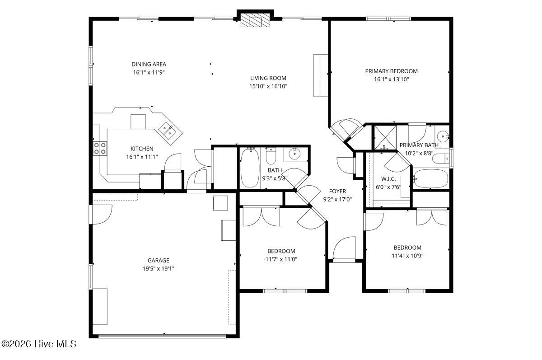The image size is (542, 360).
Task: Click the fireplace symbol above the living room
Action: (x=255, y=20)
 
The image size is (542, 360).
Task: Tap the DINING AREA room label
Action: (x=149, y=64)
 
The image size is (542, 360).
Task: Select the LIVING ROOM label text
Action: (x=268, y=78)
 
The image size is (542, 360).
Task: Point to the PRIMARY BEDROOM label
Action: (x=391, y=71)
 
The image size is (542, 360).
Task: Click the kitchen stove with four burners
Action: (x=100, y=148)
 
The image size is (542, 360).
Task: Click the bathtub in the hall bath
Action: (x=249, y=168)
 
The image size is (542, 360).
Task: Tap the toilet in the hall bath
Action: (x=271, y=156)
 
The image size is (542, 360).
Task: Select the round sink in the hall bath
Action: (x=294, y=154)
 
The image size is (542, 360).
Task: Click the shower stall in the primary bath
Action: (x=384, y=137)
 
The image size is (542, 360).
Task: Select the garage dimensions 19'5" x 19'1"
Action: (x=158, y=268)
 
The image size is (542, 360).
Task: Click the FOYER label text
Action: (x=337, y=191)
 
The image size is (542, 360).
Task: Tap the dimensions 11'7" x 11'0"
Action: (x=282, y=259)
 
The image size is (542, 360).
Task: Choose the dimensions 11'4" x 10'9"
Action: (x=407, y=255)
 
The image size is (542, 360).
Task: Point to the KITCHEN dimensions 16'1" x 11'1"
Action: (x=142, y=157)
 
